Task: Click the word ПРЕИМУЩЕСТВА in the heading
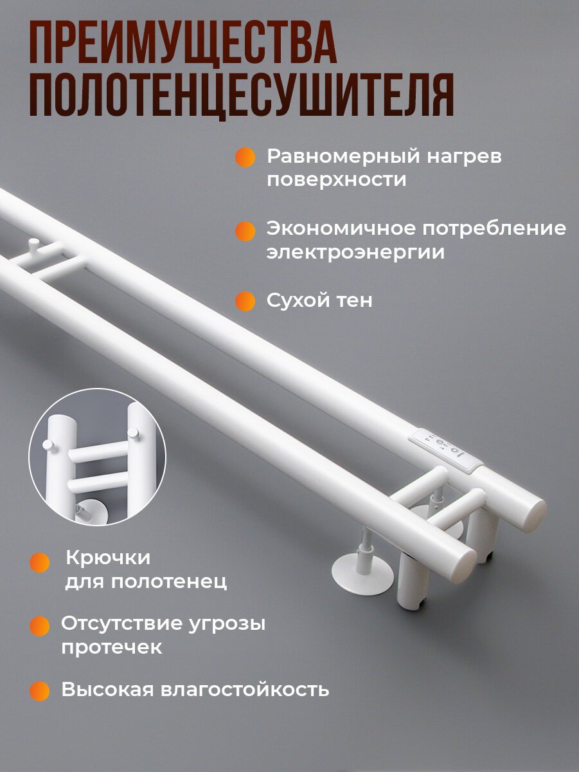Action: [183, 42]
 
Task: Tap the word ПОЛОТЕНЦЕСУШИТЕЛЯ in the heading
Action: [242, 95]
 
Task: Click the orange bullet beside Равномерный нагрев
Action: [245, 157]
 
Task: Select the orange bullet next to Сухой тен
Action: [245, 301]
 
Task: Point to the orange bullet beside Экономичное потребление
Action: [245, 231]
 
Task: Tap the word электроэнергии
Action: [355, 252]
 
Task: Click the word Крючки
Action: [108, 558]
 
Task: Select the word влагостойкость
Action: [245, 690]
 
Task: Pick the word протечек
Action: [112, 647]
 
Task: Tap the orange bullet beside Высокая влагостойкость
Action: [40, 691]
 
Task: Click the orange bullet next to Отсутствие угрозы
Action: [40, 626]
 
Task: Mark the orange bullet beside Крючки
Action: [40, 562]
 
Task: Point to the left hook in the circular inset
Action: [49, 445]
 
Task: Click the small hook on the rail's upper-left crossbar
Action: [34, 244]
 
